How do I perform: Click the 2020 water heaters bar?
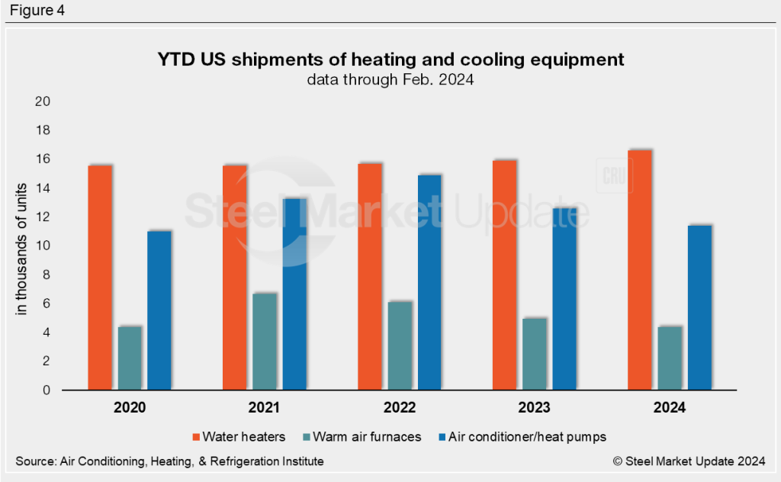tap(100, 278)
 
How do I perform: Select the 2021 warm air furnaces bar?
tap(265, 342)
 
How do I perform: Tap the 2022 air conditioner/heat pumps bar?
tap(429, 282)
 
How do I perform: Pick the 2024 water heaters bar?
tap(639, 270)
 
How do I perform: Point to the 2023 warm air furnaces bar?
tap(534, 354)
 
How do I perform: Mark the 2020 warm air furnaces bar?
tap(130, 358)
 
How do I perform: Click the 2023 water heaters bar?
tap(504, 275)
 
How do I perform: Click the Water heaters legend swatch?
tap(195, 436)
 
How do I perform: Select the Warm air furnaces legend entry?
tap(369, 436)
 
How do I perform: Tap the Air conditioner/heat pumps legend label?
tap(529, 436)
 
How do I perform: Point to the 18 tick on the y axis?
tap(43, 130)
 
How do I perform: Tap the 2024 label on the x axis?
tap(669, 408)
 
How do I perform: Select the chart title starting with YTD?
tap(390, 59)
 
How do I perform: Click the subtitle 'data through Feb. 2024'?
tap(390, 79)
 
